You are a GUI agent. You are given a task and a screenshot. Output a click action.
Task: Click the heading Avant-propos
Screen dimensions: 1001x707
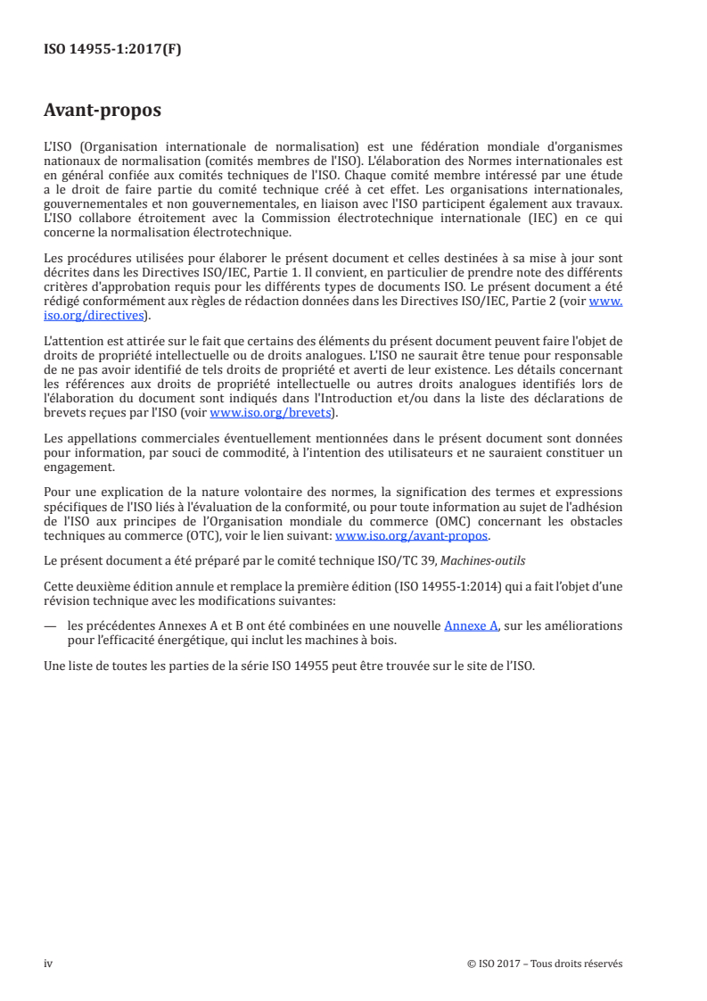(x=103, y=111)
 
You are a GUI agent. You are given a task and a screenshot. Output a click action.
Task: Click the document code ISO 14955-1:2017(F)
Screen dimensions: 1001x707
(x=112, y=50)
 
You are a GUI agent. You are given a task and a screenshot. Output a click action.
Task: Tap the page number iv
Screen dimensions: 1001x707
(x=48, y=963)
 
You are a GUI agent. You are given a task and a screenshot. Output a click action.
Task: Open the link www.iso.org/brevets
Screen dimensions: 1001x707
(x=269, y=413)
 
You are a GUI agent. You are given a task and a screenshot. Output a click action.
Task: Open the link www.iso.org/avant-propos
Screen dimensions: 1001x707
(x=412, y=536)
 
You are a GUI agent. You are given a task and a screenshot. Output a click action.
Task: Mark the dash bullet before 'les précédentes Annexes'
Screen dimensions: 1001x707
(x=51, y=627)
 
